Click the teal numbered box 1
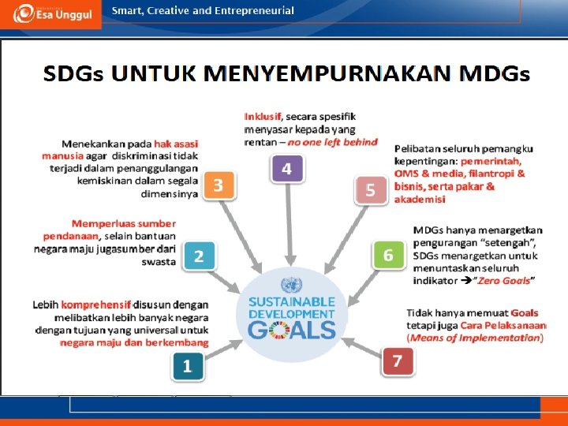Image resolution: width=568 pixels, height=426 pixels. (187, 365)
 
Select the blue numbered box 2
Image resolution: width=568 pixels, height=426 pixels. (199, 256)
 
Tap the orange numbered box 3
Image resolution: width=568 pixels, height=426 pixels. (219, 185)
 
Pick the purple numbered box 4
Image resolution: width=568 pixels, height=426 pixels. (286, 169)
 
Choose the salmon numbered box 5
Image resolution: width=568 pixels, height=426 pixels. (370, 191)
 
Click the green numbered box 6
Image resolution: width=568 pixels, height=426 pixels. (387, 256)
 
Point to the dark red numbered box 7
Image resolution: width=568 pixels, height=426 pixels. (398, 361)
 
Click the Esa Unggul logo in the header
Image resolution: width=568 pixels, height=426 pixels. (50, 14)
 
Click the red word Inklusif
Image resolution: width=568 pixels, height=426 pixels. (263, 116)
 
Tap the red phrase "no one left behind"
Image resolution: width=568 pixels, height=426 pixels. (332, 143)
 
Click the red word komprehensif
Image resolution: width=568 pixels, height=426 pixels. (99, 304)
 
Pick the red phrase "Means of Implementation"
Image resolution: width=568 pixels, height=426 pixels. (474, 338)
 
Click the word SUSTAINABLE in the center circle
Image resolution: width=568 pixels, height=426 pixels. (292, 301)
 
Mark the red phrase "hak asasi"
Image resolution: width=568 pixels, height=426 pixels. (176, 144)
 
